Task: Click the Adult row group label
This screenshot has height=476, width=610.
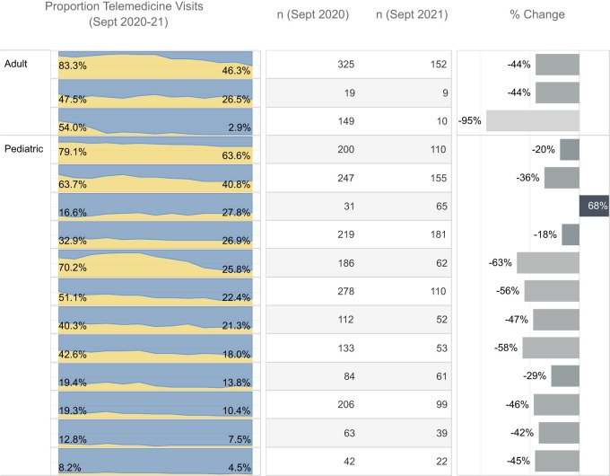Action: [15, 64]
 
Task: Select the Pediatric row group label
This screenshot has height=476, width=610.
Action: [23, 149]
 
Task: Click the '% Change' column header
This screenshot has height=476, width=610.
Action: [537, 14]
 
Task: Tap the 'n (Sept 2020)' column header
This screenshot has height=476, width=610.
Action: [313, 14]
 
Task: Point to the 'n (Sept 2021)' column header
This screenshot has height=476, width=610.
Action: [412, 14]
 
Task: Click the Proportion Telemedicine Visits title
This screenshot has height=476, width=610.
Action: [125, 13]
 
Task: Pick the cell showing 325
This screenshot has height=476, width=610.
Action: [346, 65]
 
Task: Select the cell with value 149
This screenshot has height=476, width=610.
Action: [346, 121]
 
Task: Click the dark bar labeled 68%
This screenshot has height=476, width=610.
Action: [594, 206]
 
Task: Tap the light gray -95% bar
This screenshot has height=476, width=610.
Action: [533, 120]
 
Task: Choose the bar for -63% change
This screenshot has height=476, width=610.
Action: [548, 263]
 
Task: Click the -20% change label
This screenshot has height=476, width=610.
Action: [543, 149]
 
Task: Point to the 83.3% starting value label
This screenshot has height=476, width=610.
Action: [73, 66]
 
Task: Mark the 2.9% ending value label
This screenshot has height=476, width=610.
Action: [240, 128]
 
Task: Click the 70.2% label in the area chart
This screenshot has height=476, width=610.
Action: [73, 268]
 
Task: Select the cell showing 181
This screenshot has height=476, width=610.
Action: [439, 234]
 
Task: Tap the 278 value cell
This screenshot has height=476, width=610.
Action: [346, 291]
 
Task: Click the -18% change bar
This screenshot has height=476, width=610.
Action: [571, 234]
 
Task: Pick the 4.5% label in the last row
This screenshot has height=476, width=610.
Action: [240, 467]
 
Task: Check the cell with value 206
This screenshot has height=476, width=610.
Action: [346, 404]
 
